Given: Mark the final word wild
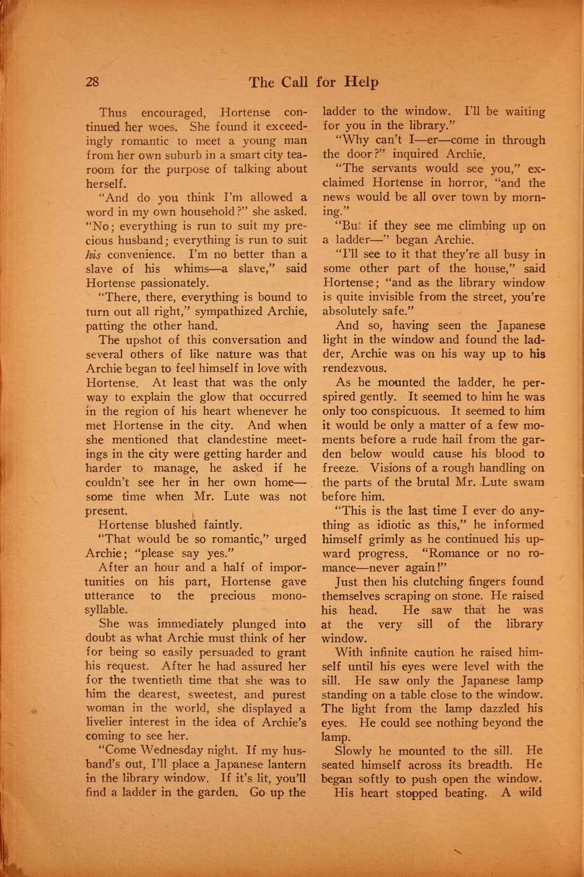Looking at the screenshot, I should (530, 793).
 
